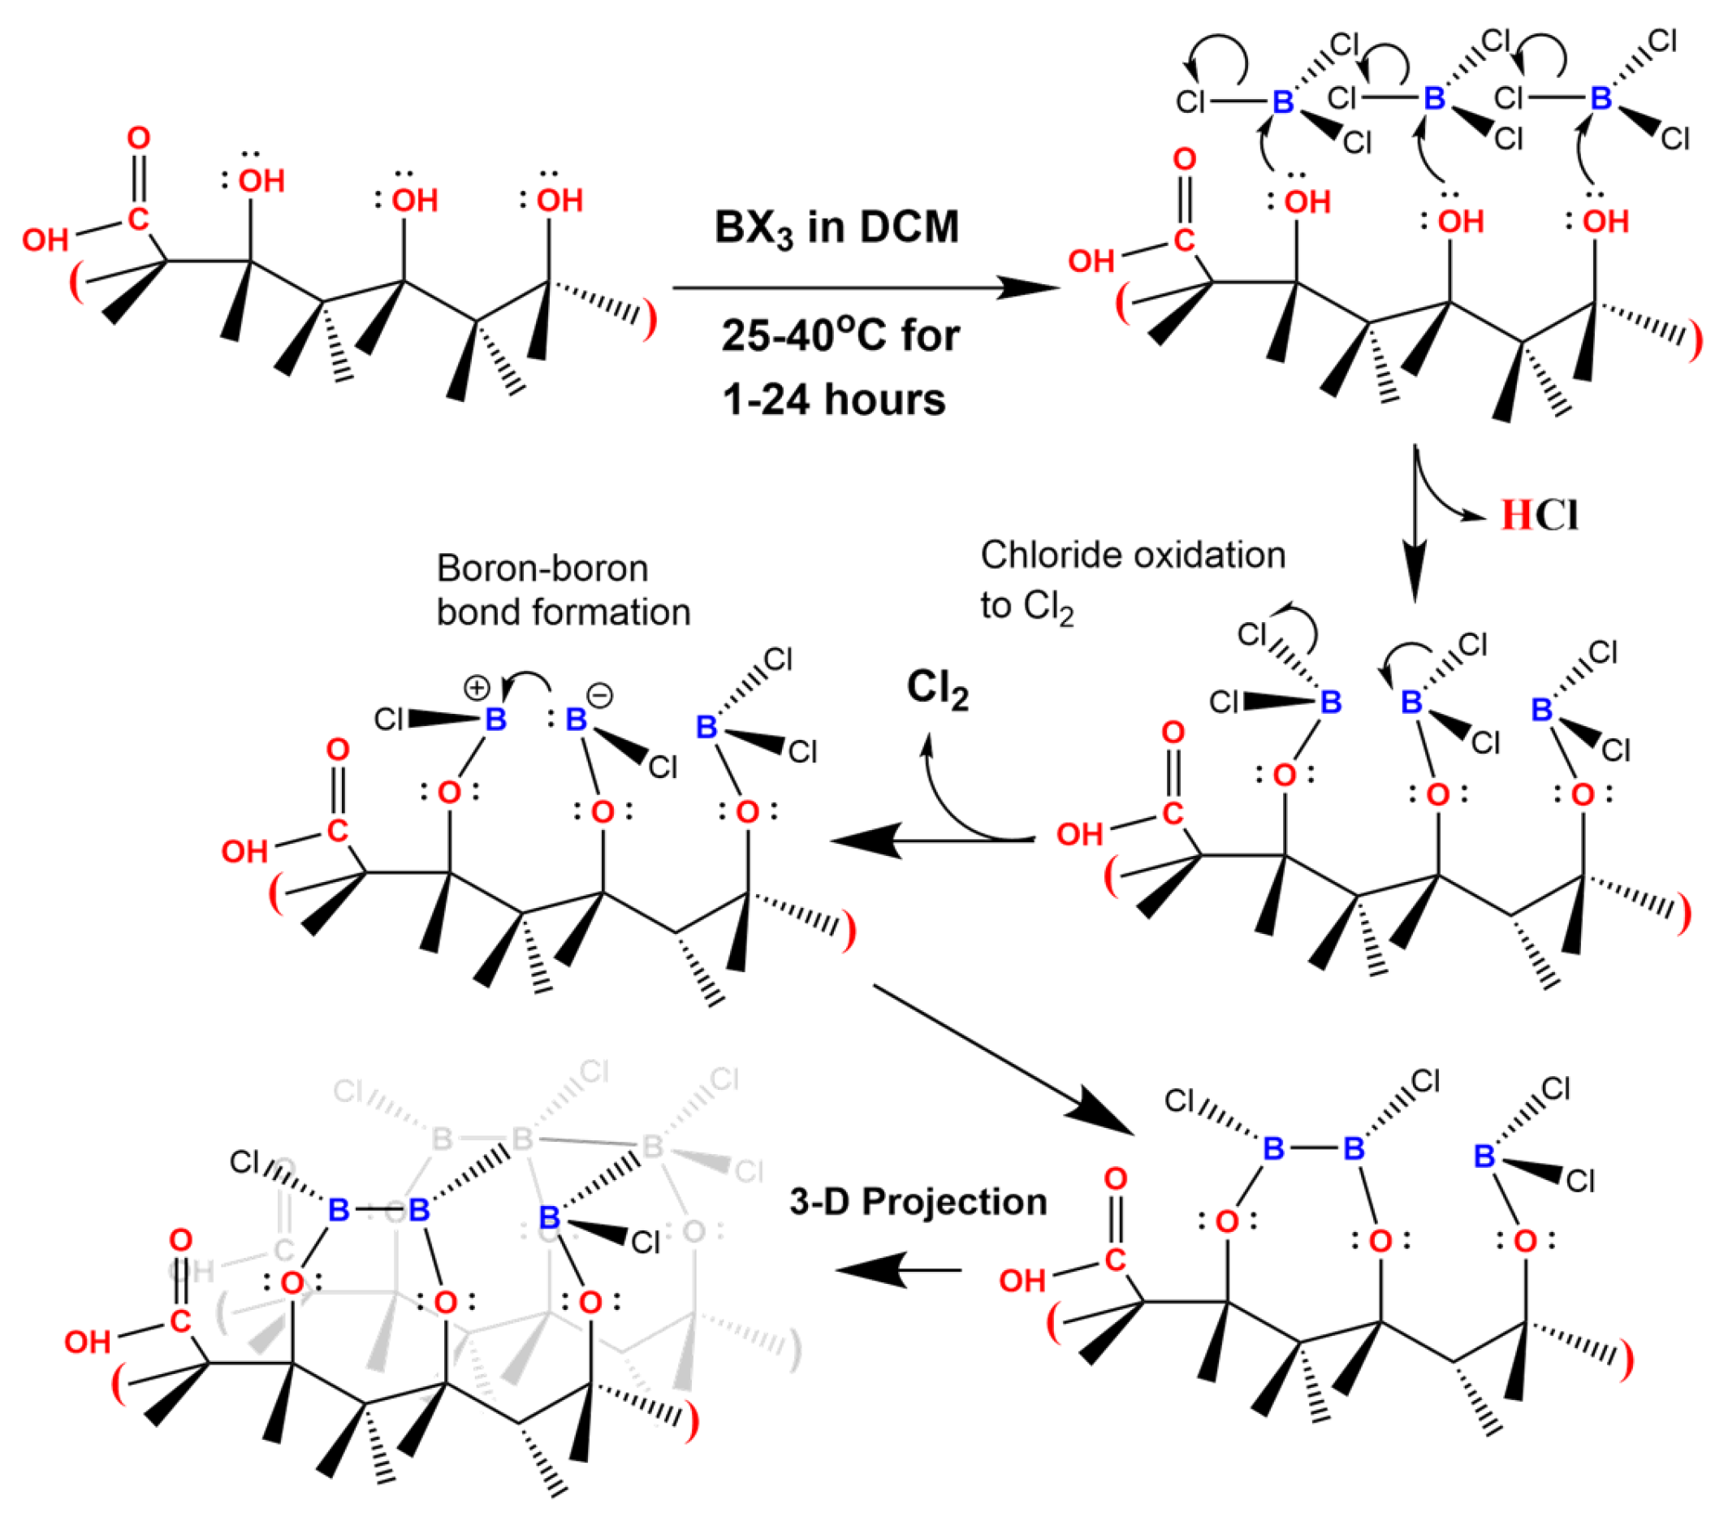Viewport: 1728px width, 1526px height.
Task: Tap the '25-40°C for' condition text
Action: (840, 335)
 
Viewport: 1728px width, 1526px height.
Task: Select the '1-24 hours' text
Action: (834, 399)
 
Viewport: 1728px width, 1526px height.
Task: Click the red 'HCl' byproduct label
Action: (1539, 515)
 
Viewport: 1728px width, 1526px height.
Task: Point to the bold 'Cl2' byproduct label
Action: (937, 689)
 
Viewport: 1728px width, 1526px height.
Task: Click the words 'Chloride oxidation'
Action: (1132, 555)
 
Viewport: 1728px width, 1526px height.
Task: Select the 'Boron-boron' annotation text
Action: (542, 568)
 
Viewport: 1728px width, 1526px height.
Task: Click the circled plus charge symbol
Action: (477, 688)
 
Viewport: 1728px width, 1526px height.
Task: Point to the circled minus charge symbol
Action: (599, 696)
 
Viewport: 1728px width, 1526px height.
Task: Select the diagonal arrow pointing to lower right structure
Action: (1003, 1060)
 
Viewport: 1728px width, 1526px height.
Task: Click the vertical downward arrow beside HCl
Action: (1414, 524)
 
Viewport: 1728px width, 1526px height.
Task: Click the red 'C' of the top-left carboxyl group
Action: (139, 219)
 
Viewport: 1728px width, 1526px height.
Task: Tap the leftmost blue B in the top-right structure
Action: (1282, 102)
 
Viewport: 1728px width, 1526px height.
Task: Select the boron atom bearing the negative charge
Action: (576, 720)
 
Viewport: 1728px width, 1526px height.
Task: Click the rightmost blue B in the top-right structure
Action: (1601, 98)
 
